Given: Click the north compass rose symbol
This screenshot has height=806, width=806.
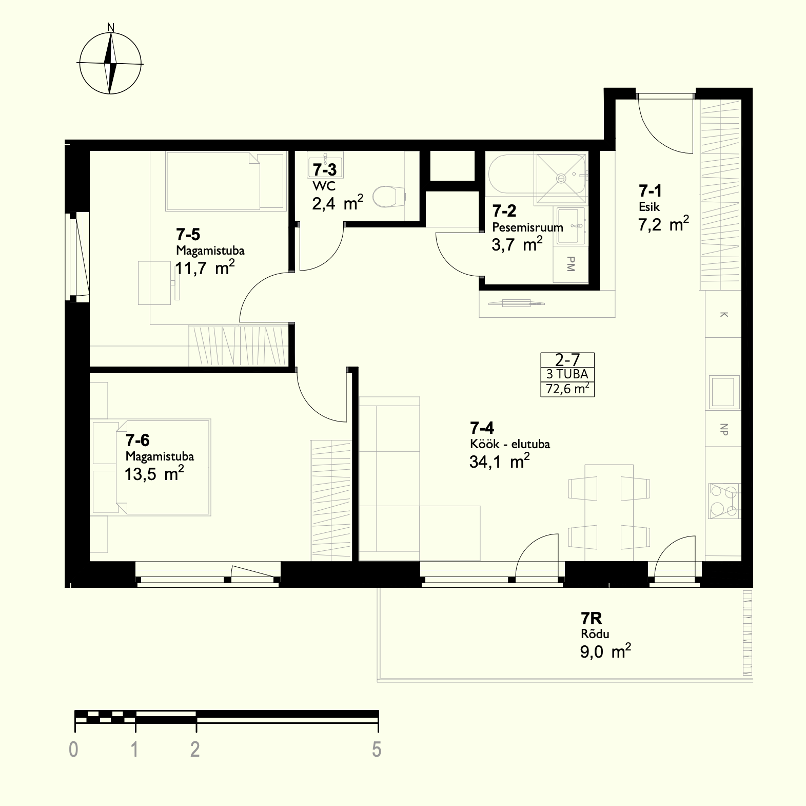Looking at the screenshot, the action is pyautogui.click(x=110, y=63).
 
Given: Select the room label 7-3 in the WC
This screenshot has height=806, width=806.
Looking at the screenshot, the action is pyautogui.click(x=325, y=169).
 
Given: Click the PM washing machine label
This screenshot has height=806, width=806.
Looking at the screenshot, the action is pyautogui.click(x=571, y=264).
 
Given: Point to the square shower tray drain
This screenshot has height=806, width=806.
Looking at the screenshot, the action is pyautogui.click(x=562, y=178).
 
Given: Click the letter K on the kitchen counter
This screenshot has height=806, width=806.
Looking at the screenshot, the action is pyautogui.click(x=724, y=314).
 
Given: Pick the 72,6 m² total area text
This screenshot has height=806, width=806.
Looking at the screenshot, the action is pyautogui.click(x=567, y=389).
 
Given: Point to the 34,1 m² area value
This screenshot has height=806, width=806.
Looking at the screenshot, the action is pyautogui.click(x=499, y=461).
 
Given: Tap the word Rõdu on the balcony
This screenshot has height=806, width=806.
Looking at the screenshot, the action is pyautogui.click(x=595, y=634).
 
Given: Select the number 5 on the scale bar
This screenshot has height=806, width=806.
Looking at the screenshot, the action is pyautogui.click(x=377, y=750).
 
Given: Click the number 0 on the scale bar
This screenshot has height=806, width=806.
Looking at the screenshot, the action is pyautogui.click(x=74, y=750).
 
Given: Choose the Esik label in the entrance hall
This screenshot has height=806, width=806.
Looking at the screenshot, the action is pyautogui.click(x=649, y=207).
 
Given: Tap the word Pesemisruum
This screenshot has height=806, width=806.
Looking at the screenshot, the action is pyautogui.click(x=527, y=227).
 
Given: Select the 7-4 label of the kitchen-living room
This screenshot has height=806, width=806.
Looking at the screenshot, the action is pyautogui.click(x=482, y=428).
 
